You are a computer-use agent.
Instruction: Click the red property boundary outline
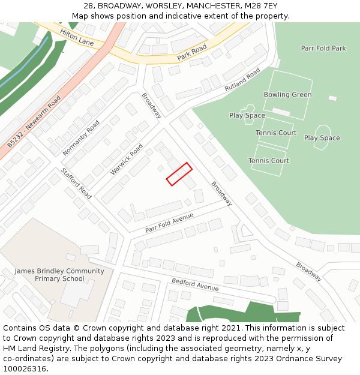pyautogui.click(x=179, y=174)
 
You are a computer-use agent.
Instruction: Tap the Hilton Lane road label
pyautogui.click(x=77, y=38)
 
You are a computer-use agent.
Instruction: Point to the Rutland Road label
pyautogui.click(x=242, y=79)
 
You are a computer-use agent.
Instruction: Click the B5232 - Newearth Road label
pyautogui.click(x=34, y=122)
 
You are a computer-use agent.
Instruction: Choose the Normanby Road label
pyautogui.click(x=81, y=137)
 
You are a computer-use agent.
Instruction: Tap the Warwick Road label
pyautogui.click(x=127, y=159)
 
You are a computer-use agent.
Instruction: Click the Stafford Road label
pyautogui.click(x=76, y=183)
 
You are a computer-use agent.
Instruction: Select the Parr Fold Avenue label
pyautogui.click(x=169, y=223)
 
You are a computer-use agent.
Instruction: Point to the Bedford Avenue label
pyautogui.click(x=195, y=284)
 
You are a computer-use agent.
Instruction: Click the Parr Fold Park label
pyautogui.click(x=323, y=48)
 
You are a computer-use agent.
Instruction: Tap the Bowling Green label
pyautogui.click(x=287, y=95)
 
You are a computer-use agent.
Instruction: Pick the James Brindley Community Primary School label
pyautogui.click(x=59, y=275)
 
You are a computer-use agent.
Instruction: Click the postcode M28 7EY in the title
pyautogui.click(x=263, y=5)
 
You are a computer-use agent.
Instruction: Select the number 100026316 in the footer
pyautogui.click(x=25, y=368)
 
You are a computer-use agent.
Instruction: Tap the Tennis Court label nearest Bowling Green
pyautogui.click(x=276, y=133)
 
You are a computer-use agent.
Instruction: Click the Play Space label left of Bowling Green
pyautogui.click(x=247, y=115)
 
